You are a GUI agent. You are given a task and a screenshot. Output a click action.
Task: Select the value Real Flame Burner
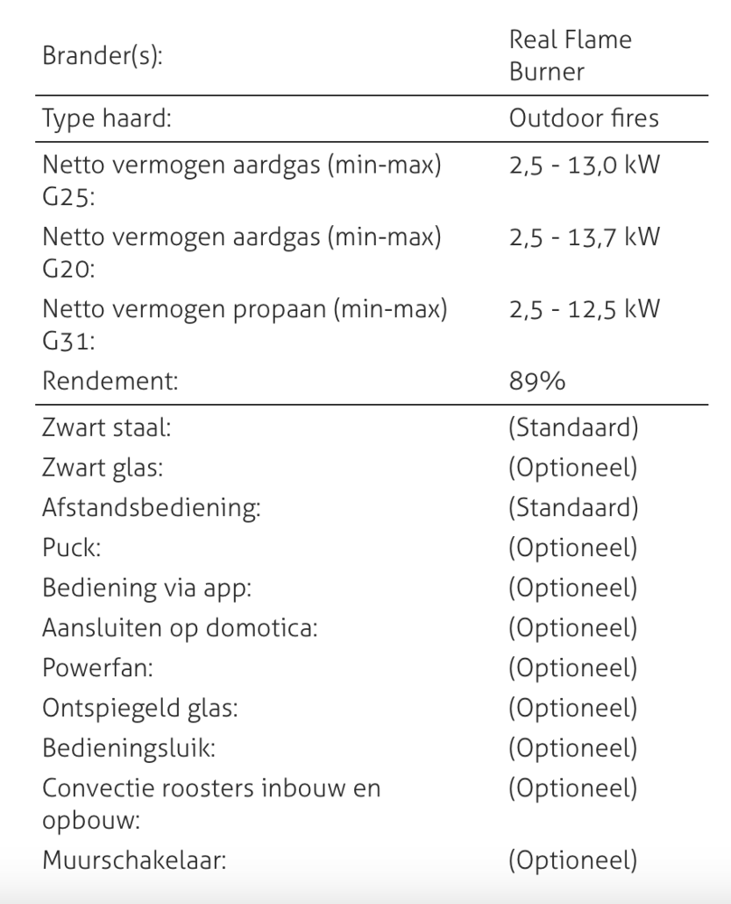pyautogui.click(x=569, y=55)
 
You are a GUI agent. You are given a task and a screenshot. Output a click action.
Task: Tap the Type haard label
pyautogui.click(x=107, y=118)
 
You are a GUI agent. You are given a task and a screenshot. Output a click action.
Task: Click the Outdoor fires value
pyautogui.click(x=584, y=118)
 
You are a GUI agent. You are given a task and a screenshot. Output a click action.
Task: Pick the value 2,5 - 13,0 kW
pyautogui.click(x=584, y=166)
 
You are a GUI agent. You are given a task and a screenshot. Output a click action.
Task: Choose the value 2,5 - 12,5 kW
pyautogui.click(x=584, y=308)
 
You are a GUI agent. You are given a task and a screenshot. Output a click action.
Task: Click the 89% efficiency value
pyautogui.click(x=537, y=381)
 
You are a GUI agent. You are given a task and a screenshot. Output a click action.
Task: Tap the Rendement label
pyautogui.click(x=110, y=381)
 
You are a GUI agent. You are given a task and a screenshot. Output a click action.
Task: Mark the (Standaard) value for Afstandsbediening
pyautogui.click(x=573, y=507)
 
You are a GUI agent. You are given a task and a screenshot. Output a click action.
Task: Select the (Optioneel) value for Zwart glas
pyautogui.click(x=573, y=467)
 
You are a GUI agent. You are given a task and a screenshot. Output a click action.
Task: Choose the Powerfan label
pyautogui.click(x=98, y=668)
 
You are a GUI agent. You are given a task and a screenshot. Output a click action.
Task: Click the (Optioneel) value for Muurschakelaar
pyautogui.click(x=573, y=859)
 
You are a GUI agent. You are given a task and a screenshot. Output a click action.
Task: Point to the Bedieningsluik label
pyautogui.click(x=129, y=748)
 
